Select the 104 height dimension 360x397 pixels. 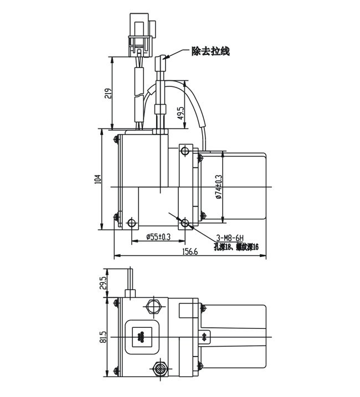point(98,179)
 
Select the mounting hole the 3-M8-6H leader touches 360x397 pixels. point(184,223)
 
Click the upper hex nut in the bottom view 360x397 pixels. point(153,305)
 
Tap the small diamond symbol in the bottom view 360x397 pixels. point(205,336)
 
